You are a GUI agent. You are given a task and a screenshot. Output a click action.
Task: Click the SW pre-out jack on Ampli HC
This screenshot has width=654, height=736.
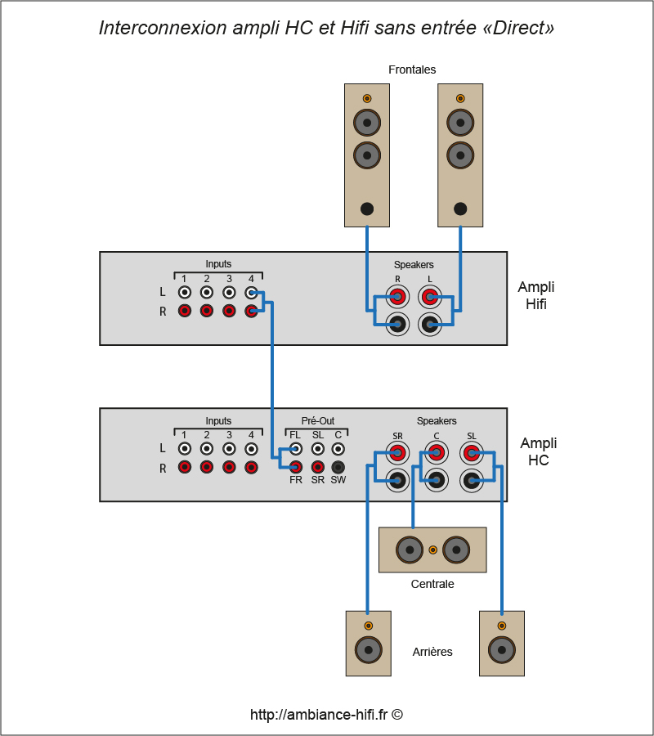pyautogui.click(x=338, y=467)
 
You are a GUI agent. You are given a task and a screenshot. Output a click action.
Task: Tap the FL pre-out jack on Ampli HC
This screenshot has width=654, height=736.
pyautogui.click(x=296, y=449)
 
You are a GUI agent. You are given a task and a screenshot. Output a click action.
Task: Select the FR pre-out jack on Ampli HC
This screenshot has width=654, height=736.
pyautogui.click(x=296, y=467)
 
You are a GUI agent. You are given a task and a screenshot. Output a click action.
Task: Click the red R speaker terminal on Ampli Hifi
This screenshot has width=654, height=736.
pyautogui.click(x=397, y=296)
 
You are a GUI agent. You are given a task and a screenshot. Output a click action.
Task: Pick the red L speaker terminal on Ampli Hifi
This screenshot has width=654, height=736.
pyautogui.click(x=430, y=296)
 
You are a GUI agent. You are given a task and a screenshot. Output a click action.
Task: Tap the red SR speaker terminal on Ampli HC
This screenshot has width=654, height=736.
pyautogui.click(x=397, y=452)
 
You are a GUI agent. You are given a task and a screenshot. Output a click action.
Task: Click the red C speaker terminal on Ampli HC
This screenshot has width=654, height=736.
pyautogui.click(x=437, y=452)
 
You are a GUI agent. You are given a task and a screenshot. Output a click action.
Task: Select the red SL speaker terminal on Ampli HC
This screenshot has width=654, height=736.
pyautogui.click(x=471, y=452)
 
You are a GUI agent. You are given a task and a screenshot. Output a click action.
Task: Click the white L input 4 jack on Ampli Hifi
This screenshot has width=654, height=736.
pyautogui.click(x=251, y=292)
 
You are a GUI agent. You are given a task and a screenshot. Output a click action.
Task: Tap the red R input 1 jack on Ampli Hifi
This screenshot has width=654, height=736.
pyautogui.click(x=185, y=311)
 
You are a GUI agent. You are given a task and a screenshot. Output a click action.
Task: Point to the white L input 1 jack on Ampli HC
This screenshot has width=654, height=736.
pyautogui.click(x=185, y=449)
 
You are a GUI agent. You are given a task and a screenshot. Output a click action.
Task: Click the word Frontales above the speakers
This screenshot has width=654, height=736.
pyautogui.click(x=412, y=70)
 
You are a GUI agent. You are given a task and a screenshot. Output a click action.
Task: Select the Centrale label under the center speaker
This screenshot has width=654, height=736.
pyautogui.click(x=432, y=584)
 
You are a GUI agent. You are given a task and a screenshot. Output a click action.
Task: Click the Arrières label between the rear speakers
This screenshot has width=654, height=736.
pyautogui.click(x=432, y=652)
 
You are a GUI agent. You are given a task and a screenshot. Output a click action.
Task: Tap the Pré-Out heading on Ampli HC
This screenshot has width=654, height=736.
pyautogui.click(x=318, y=421)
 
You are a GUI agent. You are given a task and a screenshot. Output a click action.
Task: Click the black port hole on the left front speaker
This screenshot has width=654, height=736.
pyautogui.click(x=367, y=209)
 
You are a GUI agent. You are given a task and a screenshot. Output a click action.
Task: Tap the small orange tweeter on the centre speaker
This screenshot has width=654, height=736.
pyautogui.click(x=432, y=550)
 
